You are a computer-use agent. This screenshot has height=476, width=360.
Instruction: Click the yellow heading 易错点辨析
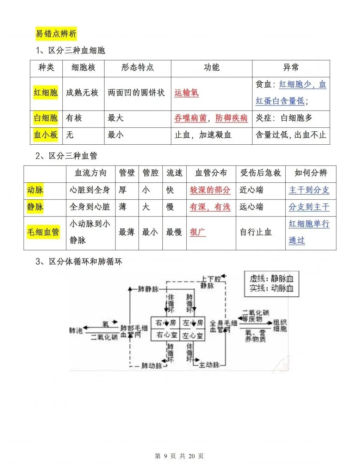pos(56,34)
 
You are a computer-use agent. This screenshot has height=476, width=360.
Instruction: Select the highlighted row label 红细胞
pos(45,93)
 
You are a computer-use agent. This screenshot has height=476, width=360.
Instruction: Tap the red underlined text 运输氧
pos(186,93)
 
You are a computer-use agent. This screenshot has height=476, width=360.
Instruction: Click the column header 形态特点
pos(137,68)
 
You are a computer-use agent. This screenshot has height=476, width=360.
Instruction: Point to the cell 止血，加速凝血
pos(203,135)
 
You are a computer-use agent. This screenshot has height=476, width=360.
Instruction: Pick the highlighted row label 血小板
pos(45,135)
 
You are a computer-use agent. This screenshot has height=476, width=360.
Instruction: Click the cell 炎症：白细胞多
pos(284,118)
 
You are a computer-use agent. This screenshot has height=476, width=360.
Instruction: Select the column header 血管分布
pos(211,173)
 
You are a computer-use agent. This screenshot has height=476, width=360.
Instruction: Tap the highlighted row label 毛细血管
pos(43,232)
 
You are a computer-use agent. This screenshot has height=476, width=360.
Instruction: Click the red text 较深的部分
pos(210,190)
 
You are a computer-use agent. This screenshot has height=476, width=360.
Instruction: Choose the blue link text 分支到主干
pos(309,207)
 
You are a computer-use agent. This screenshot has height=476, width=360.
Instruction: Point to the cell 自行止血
pos(256,232)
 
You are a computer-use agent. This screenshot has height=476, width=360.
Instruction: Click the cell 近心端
pos(251,190)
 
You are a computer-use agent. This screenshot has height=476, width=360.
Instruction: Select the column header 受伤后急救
pos(261,173)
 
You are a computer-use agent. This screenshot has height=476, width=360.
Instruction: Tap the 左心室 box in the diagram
pos(193,336)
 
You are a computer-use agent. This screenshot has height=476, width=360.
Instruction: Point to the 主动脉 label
pos(209,365)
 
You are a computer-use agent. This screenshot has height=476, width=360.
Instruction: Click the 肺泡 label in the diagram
pos(76,331)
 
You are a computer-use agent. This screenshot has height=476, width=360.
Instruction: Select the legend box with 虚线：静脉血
pos(271,283)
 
